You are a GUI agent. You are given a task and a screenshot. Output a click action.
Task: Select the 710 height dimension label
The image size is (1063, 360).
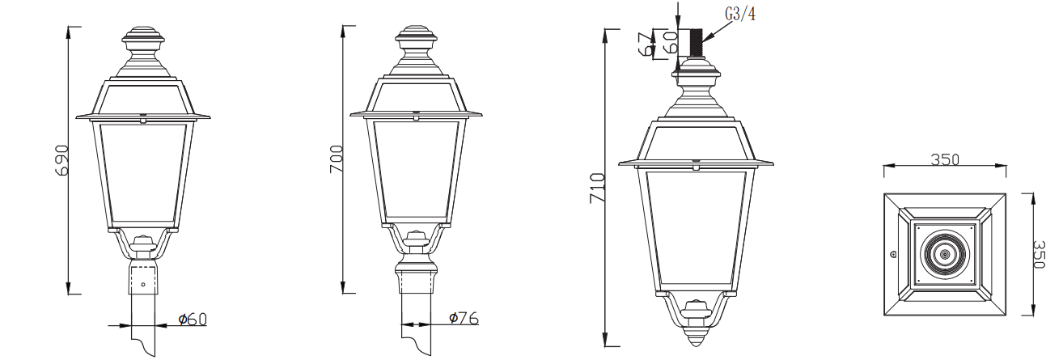click(597, 187)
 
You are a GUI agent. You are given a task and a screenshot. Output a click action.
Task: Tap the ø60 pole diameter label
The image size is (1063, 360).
click(193, 319)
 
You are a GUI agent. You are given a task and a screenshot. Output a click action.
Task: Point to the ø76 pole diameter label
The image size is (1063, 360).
click(464, 319)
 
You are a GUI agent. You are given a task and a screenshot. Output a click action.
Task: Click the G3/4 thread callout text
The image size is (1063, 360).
click(739, 13)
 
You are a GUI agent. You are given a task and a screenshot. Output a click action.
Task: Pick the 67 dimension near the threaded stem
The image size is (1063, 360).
click(646, 44)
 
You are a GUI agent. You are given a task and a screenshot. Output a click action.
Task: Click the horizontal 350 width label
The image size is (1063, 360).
click(944, 159)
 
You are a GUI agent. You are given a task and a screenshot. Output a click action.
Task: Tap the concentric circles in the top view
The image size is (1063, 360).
click(944, 254)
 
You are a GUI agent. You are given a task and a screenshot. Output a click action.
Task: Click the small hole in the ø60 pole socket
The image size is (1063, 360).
click(143, 284)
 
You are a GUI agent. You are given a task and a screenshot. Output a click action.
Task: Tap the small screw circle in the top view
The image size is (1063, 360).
click(893, 254)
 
